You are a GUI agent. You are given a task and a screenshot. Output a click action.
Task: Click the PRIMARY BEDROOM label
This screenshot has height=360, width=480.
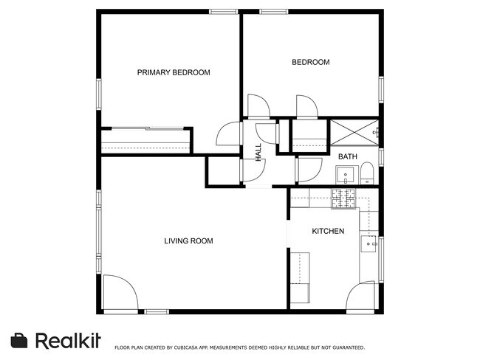click(x=174, y=72)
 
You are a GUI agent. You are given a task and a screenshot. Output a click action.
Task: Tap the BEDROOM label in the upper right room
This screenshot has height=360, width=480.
click(x=310, y=63)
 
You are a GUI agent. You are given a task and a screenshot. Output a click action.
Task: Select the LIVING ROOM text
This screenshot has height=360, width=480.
click(x=188, y=241)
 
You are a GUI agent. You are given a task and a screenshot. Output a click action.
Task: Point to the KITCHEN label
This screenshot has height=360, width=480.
click(x=328, y=232)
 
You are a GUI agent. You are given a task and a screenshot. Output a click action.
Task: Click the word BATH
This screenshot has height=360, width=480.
click(x=347, y=157)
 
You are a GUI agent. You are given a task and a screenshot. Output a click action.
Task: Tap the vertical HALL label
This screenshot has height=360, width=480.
click(x=258, y=152)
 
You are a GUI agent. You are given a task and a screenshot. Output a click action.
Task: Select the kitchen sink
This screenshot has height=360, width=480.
click(x=368, y=243)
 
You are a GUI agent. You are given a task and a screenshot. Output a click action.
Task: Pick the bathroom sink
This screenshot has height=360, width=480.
click(x=346, y=175)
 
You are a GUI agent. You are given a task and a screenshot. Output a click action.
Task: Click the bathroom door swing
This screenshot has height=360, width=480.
click(x=309, y=170)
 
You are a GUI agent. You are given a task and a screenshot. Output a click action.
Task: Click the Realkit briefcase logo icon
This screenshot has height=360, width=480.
click(x=19, y=340)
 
